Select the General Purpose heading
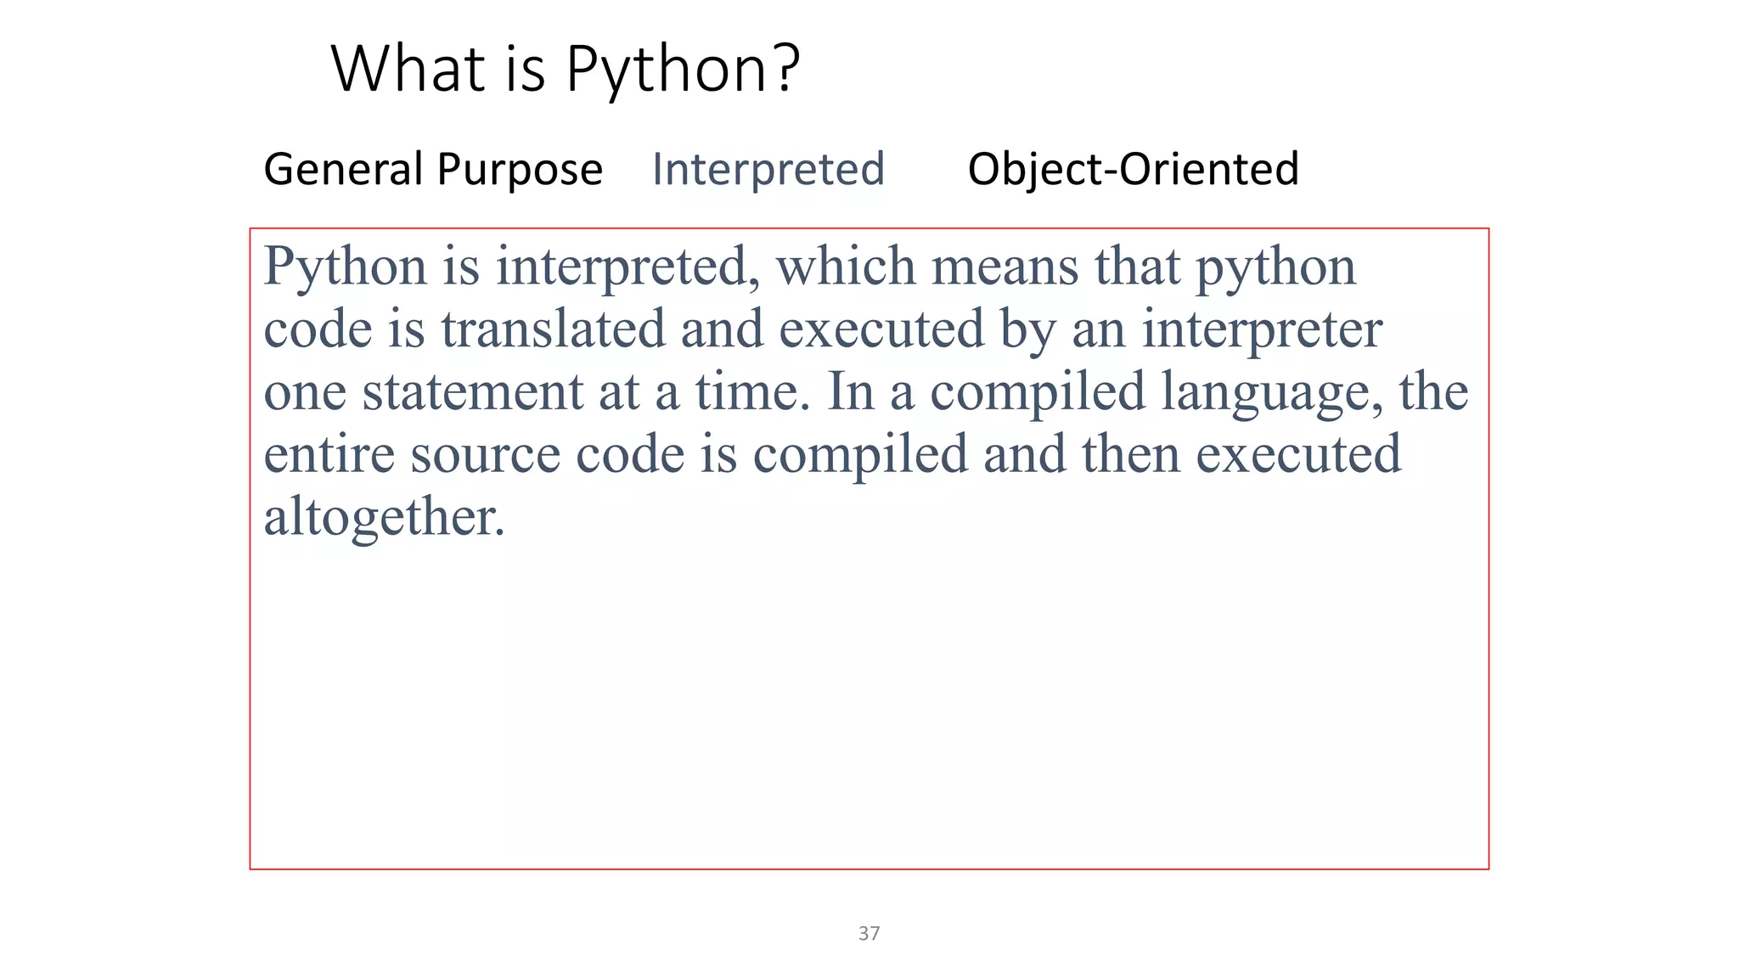[433, 169]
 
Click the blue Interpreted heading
[768, 169]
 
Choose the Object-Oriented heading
[1133, 169]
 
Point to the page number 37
[869, 933]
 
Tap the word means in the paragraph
[1005, 267]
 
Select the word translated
[553, 329]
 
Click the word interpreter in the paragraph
[1262, 329]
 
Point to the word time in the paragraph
[746, 392]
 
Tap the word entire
[329, 454]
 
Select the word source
[485, 454]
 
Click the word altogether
[384, 517]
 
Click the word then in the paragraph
[1130, 454]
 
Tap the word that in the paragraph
[1137, 267]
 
